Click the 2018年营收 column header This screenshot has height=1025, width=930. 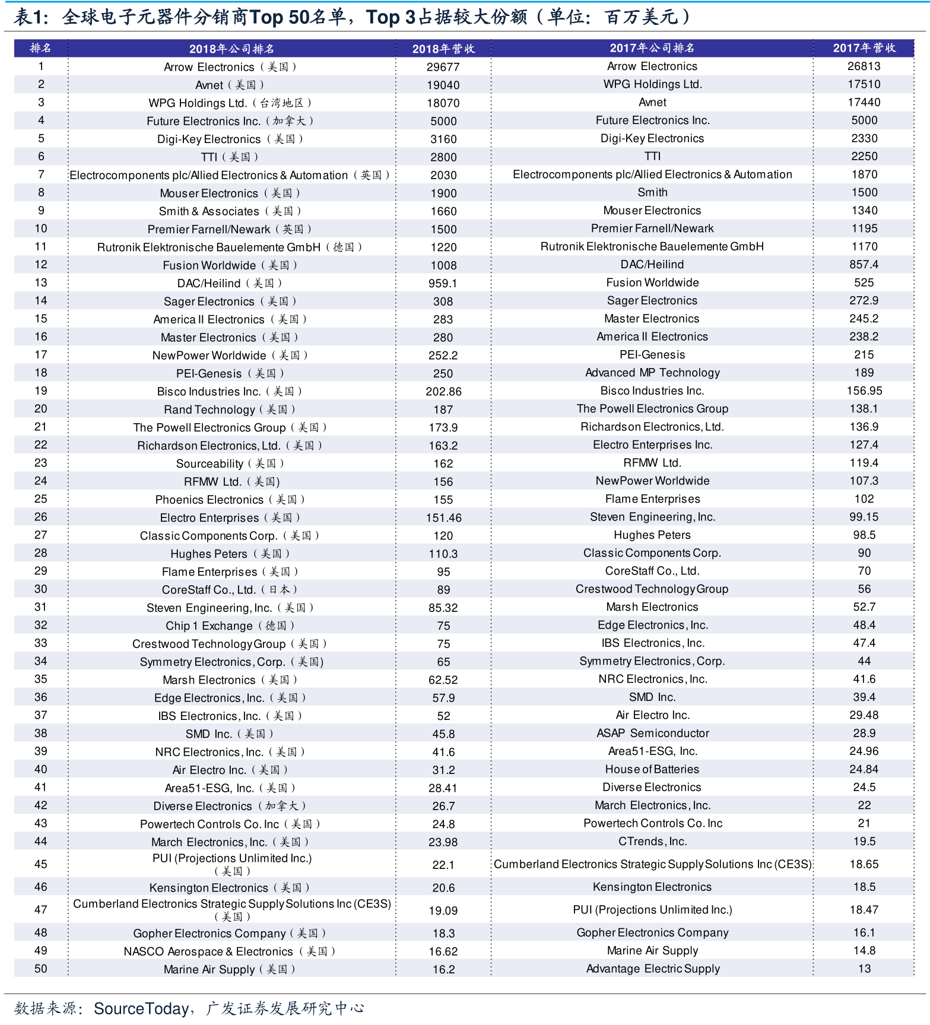coord(443,49)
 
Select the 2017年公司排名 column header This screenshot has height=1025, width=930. coord(652,48)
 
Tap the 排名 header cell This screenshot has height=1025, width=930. coord(40,48)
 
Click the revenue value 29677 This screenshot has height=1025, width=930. coord(443,67)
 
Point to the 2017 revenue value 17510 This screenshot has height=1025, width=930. coord(864,84)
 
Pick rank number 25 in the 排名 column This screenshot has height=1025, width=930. coord(40,499)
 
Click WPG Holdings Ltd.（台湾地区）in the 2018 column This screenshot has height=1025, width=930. coord(230,103)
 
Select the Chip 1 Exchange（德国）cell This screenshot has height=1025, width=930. coord(230,626)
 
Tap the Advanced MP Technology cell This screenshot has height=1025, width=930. coord(652,373)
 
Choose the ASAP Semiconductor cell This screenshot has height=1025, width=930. coord(652,734)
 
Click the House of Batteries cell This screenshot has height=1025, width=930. coord(652,769)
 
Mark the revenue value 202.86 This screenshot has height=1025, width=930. coord(443,392)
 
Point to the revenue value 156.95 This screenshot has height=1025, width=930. coord(864,391)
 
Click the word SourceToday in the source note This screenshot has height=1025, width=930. coord(141,1009)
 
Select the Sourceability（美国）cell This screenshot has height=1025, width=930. coord(230,464)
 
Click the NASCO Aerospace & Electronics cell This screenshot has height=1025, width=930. coord(230,951)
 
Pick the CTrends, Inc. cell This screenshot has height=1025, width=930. coord(652,842)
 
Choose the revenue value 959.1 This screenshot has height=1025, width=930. coord(443,284)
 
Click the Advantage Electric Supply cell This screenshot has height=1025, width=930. coord(652,969)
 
